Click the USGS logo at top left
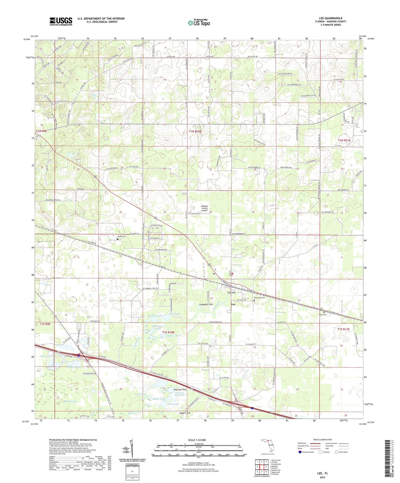[61, 21]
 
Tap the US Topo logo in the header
[199, 23]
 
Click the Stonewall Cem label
[259, 298]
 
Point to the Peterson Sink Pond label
[180, 394]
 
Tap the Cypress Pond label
[174, 336]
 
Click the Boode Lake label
[173, 404]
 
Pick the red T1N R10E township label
[195, 132]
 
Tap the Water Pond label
[46, 356]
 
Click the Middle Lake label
[159, 399]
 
